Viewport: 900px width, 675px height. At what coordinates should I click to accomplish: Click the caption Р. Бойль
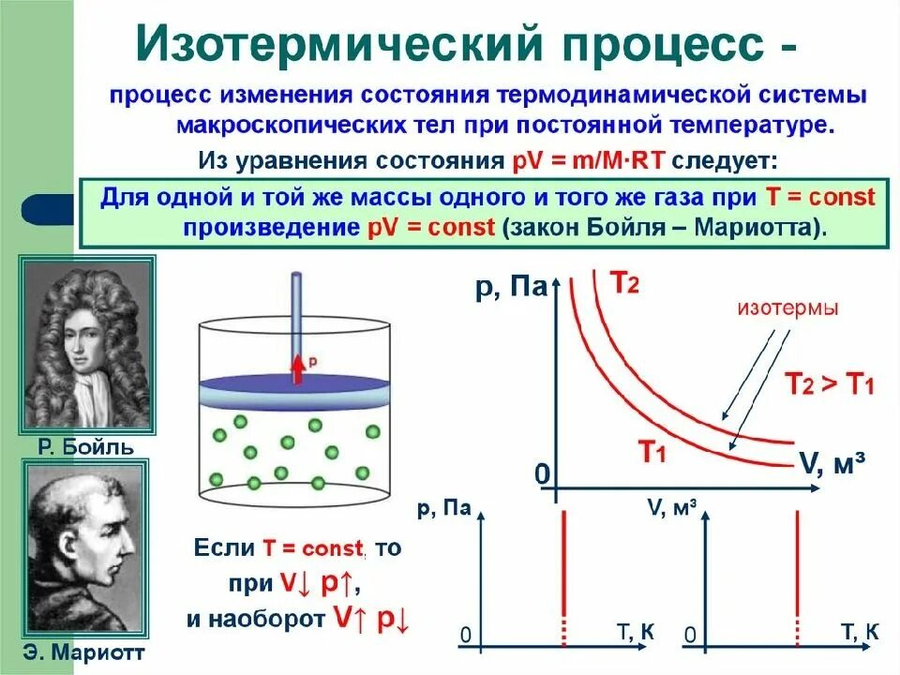pyautogui.click(x=86, y=446)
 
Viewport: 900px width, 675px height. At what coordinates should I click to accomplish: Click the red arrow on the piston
pyautogui.click(x=297, y=367)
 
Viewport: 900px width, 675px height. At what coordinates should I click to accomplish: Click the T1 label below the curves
pyautogui.click(x=652, y=453)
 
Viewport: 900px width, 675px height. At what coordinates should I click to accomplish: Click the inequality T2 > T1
pyautogui.click(x=829, y=382)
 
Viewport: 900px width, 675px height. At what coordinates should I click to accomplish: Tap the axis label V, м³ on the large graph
pyautogui.click(x=832, y=462)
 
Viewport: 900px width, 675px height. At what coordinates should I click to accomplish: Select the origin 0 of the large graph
pyautogui.click(x=541, y=475)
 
